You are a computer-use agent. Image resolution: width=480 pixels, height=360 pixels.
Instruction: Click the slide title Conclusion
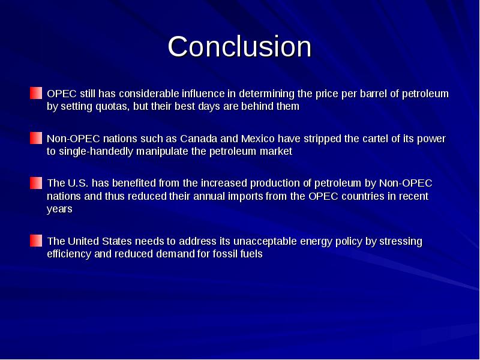pos(239,47)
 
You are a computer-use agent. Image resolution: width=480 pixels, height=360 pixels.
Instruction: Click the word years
pos(59,209)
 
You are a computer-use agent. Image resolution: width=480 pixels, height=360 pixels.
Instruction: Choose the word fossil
pos(223,254)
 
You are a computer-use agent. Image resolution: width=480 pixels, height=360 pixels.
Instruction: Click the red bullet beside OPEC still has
pos(37,94)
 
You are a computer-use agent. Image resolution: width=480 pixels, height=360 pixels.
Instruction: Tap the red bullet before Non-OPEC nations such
pos(37,139)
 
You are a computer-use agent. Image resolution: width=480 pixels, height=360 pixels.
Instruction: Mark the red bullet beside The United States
pos(37,241)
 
